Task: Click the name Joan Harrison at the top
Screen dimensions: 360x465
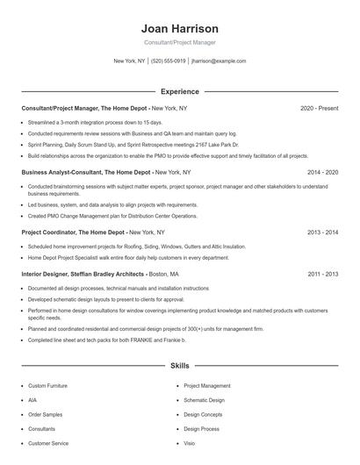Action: (x=179, y=29)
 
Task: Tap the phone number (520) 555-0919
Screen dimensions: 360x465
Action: (x=169, y=61)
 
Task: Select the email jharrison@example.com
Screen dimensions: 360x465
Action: (x=219, y=61)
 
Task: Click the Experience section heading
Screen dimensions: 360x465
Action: (x=179, y=91)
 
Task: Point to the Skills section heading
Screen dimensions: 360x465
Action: (x=179, y=365)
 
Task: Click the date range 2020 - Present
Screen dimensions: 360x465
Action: (x=319, y=108)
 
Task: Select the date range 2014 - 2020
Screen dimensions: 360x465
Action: (x=322, y=173)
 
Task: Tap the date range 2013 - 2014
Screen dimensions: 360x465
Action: (x=322, y=232)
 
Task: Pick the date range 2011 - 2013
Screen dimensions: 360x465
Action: (x=322, y=274)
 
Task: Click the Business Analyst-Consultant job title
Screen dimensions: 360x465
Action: (x=85, y=173)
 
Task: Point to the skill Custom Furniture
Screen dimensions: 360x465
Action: (x=47, y=385)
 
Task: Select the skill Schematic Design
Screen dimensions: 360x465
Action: (x=205, y=399)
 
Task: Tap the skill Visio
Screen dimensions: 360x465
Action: (x=190, y=443)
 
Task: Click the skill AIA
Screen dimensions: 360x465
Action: (x=32, y=399)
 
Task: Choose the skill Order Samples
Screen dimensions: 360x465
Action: (x=45, y=414)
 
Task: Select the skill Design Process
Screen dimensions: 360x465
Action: (x=202, y=428)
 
